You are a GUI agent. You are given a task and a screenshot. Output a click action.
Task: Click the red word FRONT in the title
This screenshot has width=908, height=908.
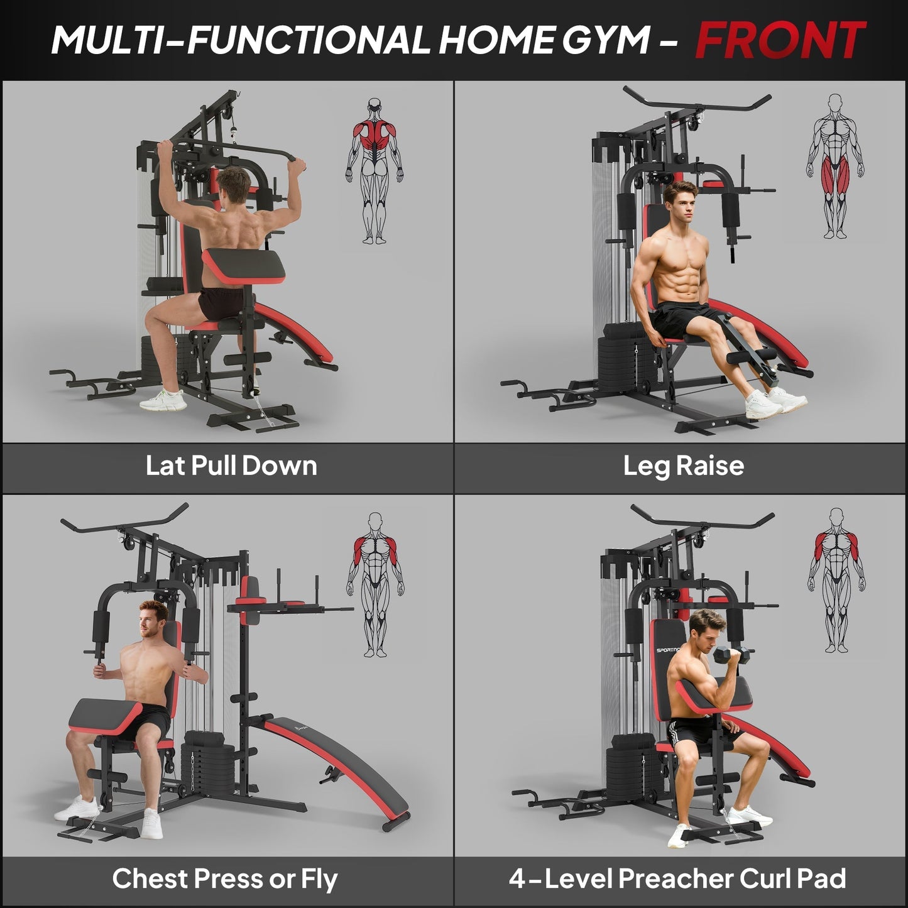780,40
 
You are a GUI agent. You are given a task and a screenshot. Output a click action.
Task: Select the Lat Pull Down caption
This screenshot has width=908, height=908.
231,466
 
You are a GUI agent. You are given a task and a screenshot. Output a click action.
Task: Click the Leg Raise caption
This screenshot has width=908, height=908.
683,466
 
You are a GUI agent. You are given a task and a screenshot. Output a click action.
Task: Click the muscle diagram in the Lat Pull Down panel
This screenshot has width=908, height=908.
375,170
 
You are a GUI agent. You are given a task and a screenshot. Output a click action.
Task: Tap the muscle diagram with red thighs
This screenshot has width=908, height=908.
834,167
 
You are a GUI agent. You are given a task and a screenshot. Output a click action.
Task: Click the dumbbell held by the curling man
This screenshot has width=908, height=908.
733,654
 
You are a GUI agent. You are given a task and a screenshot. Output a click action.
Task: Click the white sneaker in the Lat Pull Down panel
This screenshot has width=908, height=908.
161,400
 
